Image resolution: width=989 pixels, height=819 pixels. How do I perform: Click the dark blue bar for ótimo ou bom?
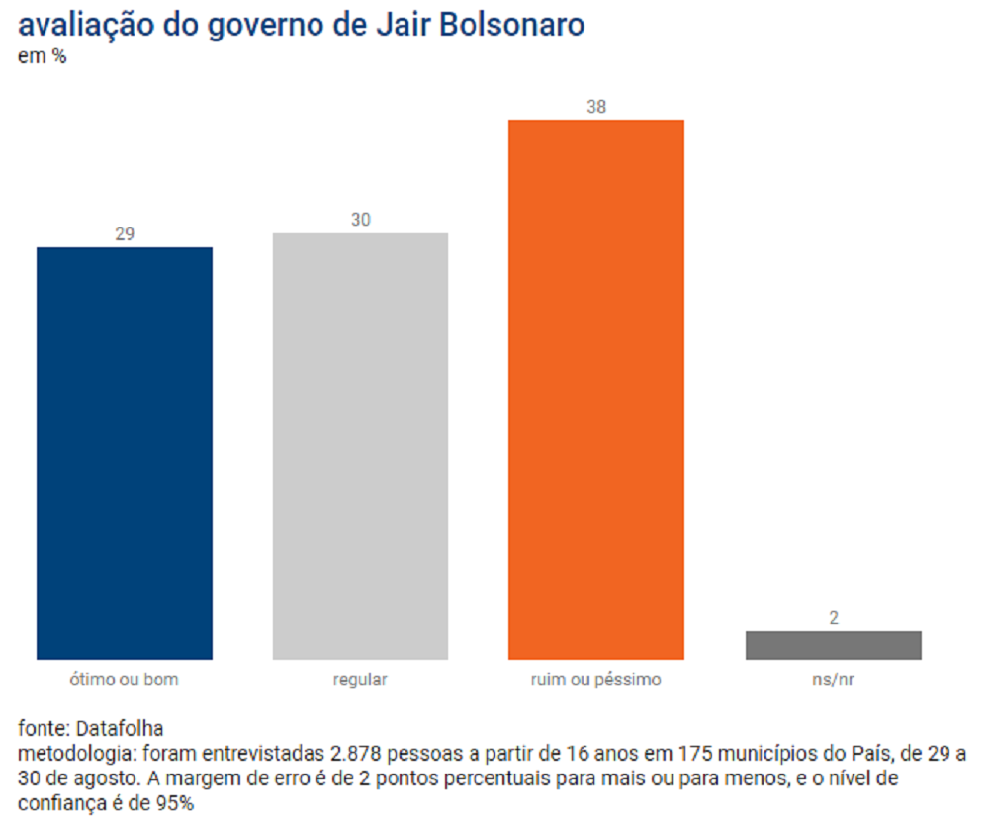tap(125, 453)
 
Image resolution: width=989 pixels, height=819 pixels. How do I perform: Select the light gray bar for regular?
tap(360, 446)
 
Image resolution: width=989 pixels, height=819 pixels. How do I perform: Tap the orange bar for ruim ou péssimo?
tap(596, 389)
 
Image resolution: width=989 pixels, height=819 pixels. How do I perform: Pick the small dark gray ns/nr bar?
tap(833, 645)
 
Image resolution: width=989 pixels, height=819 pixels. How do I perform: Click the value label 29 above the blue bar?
tap(125, 234)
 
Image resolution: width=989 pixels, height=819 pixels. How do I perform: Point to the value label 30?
tap(360, 220)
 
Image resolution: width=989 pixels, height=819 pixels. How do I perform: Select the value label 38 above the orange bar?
tap(596, 106)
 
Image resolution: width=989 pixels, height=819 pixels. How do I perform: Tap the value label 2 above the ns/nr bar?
tap(833, 618)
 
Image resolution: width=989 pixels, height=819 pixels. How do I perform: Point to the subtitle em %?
tap(42, 56)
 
